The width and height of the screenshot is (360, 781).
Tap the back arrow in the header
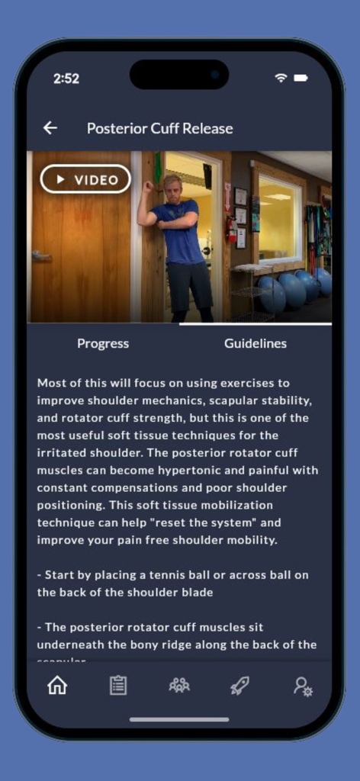click(50, 128)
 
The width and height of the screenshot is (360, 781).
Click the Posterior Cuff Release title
click(159, 128)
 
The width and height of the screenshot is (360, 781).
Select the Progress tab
click(103, 343)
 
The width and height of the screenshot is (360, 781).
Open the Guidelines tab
click(256, 343)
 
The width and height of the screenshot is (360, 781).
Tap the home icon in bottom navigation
click(57, 685)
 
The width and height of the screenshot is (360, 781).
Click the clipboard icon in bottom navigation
click(118, 685)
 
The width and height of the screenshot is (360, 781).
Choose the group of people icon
click(179, 685)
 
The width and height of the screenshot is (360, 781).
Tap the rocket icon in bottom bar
click(240, 685)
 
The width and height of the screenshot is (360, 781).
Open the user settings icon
click(303, 685)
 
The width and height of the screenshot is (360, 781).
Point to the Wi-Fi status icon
click(281, 78)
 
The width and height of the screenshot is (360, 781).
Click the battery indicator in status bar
click(301, 78)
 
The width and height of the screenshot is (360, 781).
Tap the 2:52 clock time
click(66, 79)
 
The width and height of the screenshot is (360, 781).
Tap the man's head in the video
click(173, 188)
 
